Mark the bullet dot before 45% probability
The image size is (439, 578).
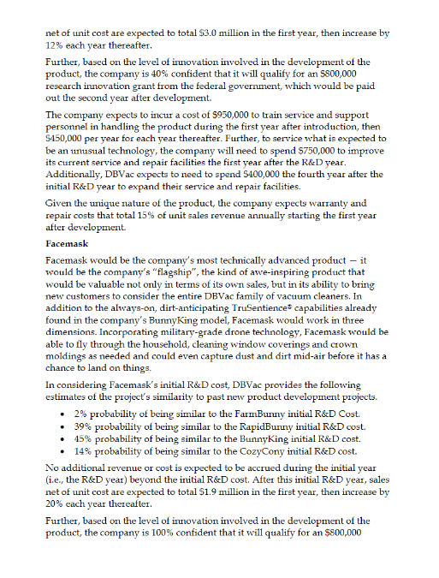[x=55, y=438]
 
